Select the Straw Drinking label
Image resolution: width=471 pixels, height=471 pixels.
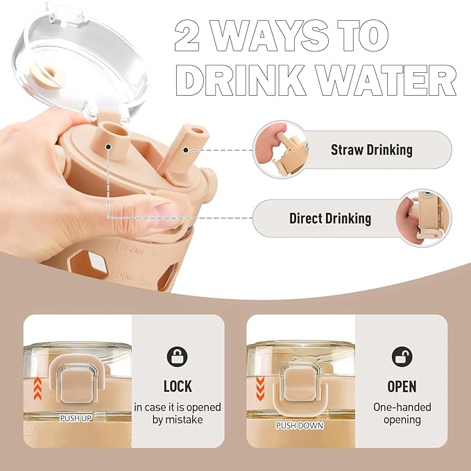pyautogui.click(x=371, y=149)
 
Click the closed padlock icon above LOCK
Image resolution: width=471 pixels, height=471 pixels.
pyautogui.click(x=178, y=357)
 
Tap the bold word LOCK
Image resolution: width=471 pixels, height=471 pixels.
pyautogui.click(x=178, y=386)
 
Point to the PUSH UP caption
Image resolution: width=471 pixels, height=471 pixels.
pyautogui.click(x=78, y=418)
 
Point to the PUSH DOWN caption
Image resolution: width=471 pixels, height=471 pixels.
pyautogui.click(x=300, y=425)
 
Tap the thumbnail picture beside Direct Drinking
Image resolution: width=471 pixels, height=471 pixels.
pyautogui.click(x=422, y=219)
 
